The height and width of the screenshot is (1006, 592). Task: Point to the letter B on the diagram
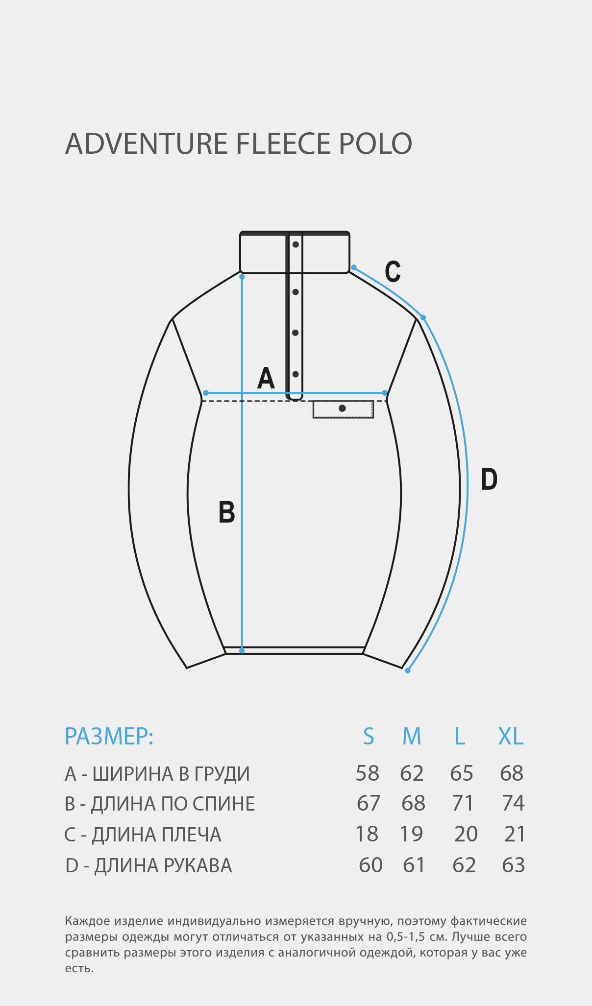coord(226,512)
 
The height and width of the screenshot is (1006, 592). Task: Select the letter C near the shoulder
coord(393,271)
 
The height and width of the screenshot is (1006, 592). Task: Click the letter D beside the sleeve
coord(489,479)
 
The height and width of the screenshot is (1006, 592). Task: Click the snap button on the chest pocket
coord(342,408)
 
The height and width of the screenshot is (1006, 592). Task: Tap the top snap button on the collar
coord(296,244)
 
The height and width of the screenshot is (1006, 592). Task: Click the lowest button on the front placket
coord(296,374)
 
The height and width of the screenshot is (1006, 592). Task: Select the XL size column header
coord(511,736)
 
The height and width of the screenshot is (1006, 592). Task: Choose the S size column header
coord(369,736)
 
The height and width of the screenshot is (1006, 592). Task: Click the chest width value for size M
coord(412,773)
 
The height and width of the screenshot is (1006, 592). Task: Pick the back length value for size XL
coord(513,803)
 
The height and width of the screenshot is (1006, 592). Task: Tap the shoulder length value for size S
coord(367,834)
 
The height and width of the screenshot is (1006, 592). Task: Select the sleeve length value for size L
coord(464,865)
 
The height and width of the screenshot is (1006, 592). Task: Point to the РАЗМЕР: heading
coord(109,736)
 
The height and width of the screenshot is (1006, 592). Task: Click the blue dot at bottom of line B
coord(242,650)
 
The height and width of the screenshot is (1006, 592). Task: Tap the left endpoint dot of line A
coord(206,393)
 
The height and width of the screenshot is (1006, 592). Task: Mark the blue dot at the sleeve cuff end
coord(408,671)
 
